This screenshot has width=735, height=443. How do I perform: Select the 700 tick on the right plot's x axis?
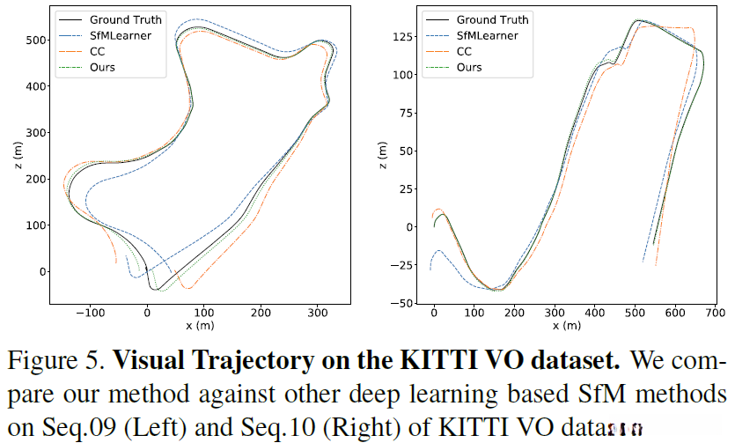click(715, 312)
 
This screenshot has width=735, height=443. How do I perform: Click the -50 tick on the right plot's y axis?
click(405, 303)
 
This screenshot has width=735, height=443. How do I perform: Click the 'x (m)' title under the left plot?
click(202, 325)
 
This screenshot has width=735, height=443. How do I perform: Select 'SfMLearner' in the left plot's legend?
click(121, 35)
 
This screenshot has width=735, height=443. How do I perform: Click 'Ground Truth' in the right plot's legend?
click(491, 19)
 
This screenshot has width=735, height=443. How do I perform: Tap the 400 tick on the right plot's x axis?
click(594, 312)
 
